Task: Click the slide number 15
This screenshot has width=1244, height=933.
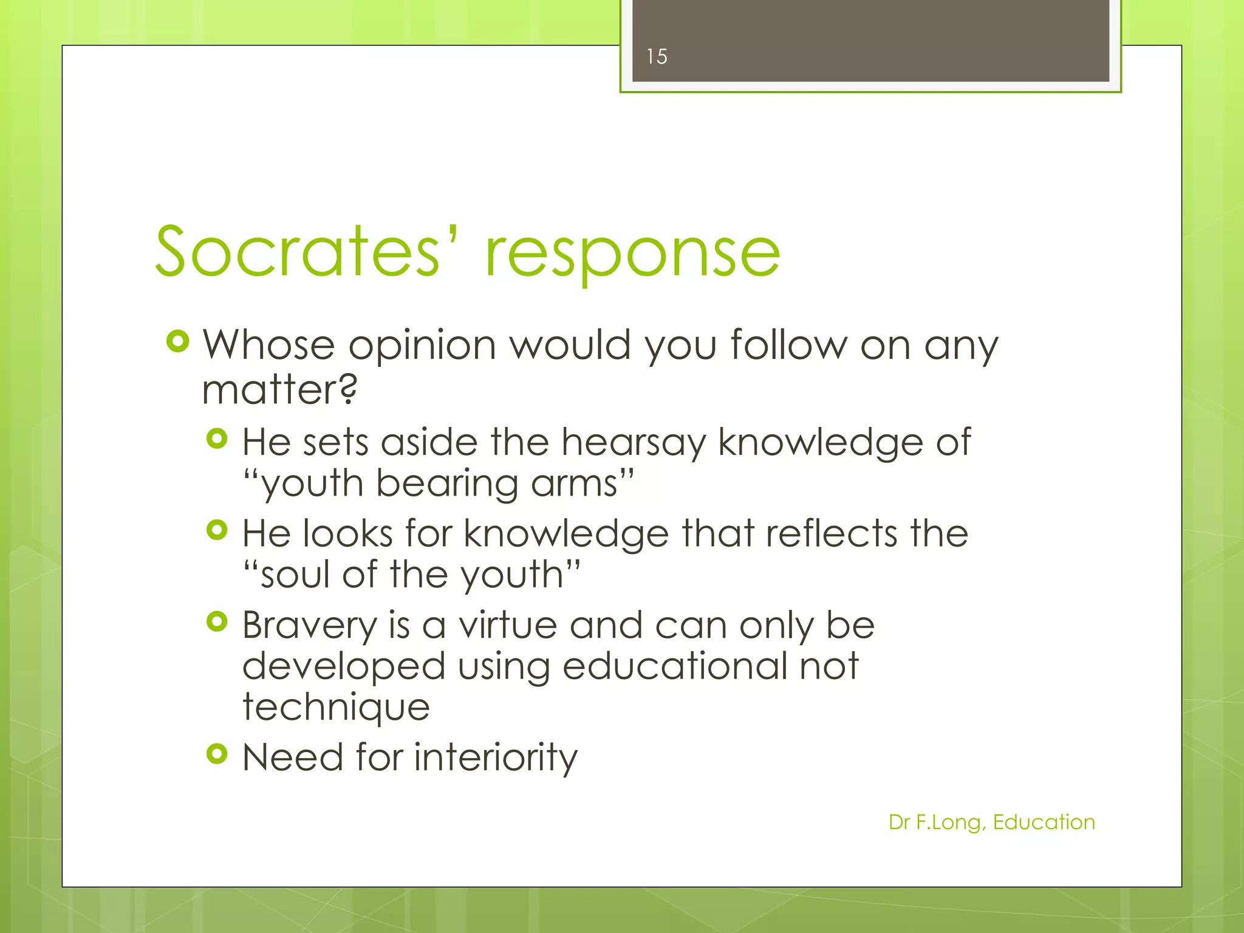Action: (x=657, y=56)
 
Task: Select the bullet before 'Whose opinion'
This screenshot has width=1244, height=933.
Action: (x=177, y=342)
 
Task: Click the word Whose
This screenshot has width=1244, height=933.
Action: (x=268, y=344)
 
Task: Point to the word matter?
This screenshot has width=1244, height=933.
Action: (x=279, y=389)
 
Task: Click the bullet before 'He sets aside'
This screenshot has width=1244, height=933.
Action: (x=217, y=439)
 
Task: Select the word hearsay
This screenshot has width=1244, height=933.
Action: (x=634, y=443)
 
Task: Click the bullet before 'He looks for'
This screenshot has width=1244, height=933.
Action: (x=217, y=530)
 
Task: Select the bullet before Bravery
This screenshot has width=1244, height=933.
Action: (x=217, y=621)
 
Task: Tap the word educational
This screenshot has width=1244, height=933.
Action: (x=674, y=666)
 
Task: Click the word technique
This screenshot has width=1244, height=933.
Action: (x=336, y=708)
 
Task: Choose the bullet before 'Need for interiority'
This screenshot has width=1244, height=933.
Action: (x=217, y=754)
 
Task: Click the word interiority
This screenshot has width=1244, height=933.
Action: (x=496, y=758)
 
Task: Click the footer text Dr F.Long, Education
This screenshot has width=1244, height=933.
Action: (x=991, y=822)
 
